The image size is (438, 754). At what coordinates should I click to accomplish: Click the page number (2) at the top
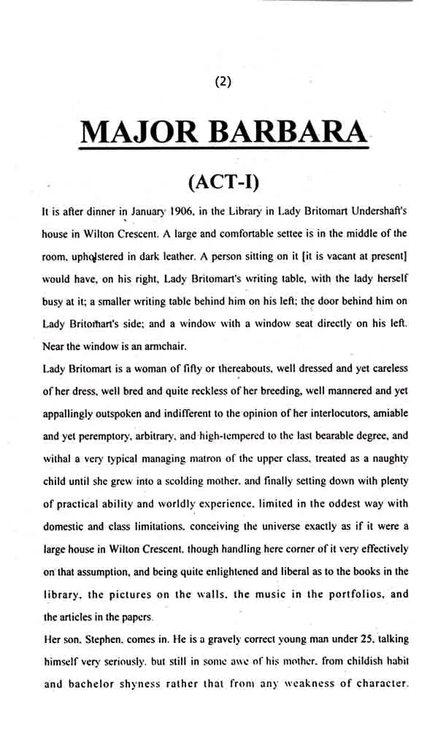tap(223, 82)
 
